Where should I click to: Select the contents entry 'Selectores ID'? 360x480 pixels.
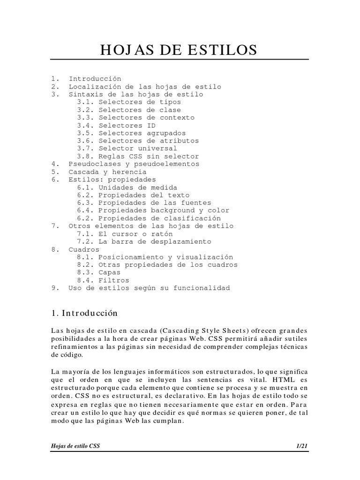[127, 126]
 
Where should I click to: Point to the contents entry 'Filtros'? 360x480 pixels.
[113, 280]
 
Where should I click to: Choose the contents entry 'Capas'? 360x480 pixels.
[109, 272]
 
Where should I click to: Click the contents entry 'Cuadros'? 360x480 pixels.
[84, 249]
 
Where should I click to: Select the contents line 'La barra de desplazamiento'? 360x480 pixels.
[155, 242]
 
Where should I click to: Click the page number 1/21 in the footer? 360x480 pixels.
[302, 447]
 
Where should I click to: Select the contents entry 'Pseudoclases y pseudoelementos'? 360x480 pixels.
[134, 164]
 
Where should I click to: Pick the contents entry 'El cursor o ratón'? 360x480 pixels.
[135, 234]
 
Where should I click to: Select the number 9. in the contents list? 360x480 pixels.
[54, 288]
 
